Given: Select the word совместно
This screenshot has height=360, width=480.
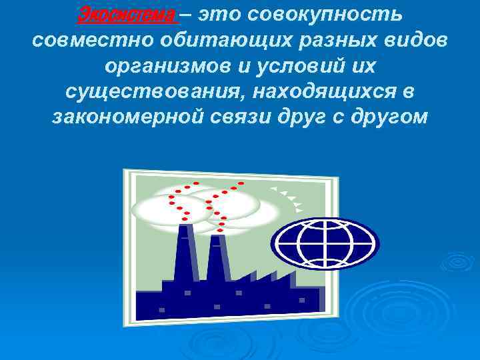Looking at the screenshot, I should coord(83,41).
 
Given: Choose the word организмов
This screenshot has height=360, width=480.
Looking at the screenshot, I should coord(167,67).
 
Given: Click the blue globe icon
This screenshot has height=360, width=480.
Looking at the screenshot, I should coord(324,243).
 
